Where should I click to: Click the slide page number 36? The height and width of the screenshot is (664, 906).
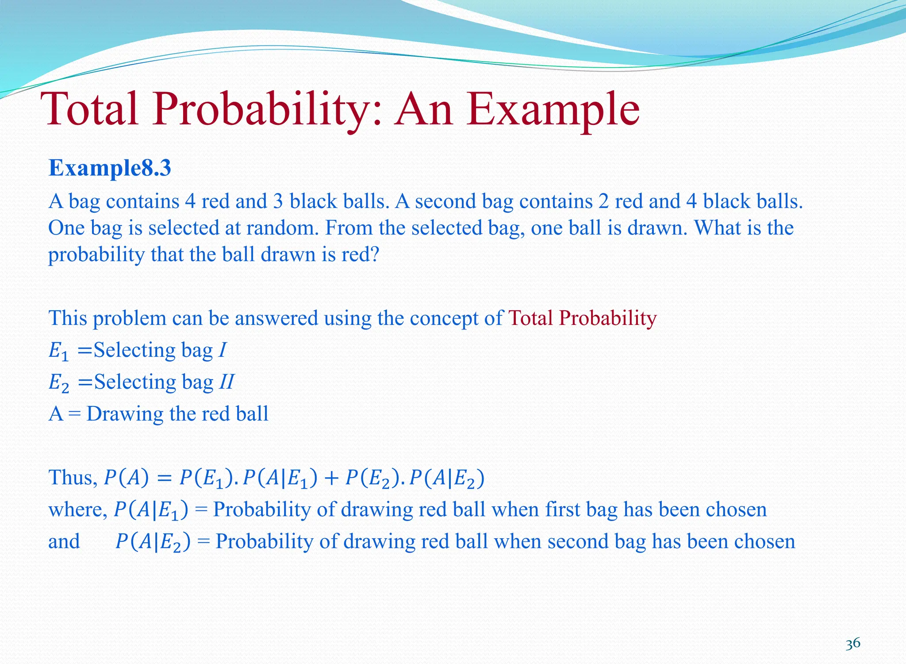pos(852,643)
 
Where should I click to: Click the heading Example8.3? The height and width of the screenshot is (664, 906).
pos(110,168)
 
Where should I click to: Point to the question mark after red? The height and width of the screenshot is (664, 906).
pos(375,255)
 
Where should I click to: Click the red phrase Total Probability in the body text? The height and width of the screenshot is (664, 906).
pos(583,318)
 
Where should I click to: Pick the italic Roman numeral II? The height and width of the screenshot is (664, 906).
pos(226,382)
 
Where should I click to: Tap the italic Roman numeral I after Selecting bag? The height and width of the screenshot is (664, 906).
pos(223,350)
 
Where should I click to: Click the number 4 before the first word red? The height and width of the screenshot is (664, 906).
pos(190,202)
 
